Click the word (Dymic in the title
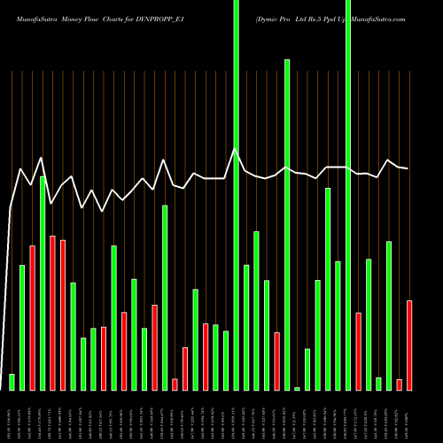tap(268, 18)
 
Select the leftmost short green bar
tap(12, 382)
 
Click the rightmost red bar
tap(409, 345)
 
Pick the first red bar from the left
tap(32, 317)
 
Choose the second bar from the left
tap(22, 327)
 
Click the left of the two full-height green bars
tap(236, 195)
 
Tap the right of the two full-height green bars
tap(348, 195)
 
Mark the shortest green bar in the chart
tap(298, 388)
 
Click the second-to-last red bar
tap(400, 384)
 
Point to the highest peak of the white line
tap(235, 150)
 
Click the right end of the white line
tap(408, 168)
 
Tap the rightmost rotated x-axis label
tap(408, 416)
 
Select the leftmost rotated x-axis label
tap(12, 416)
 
